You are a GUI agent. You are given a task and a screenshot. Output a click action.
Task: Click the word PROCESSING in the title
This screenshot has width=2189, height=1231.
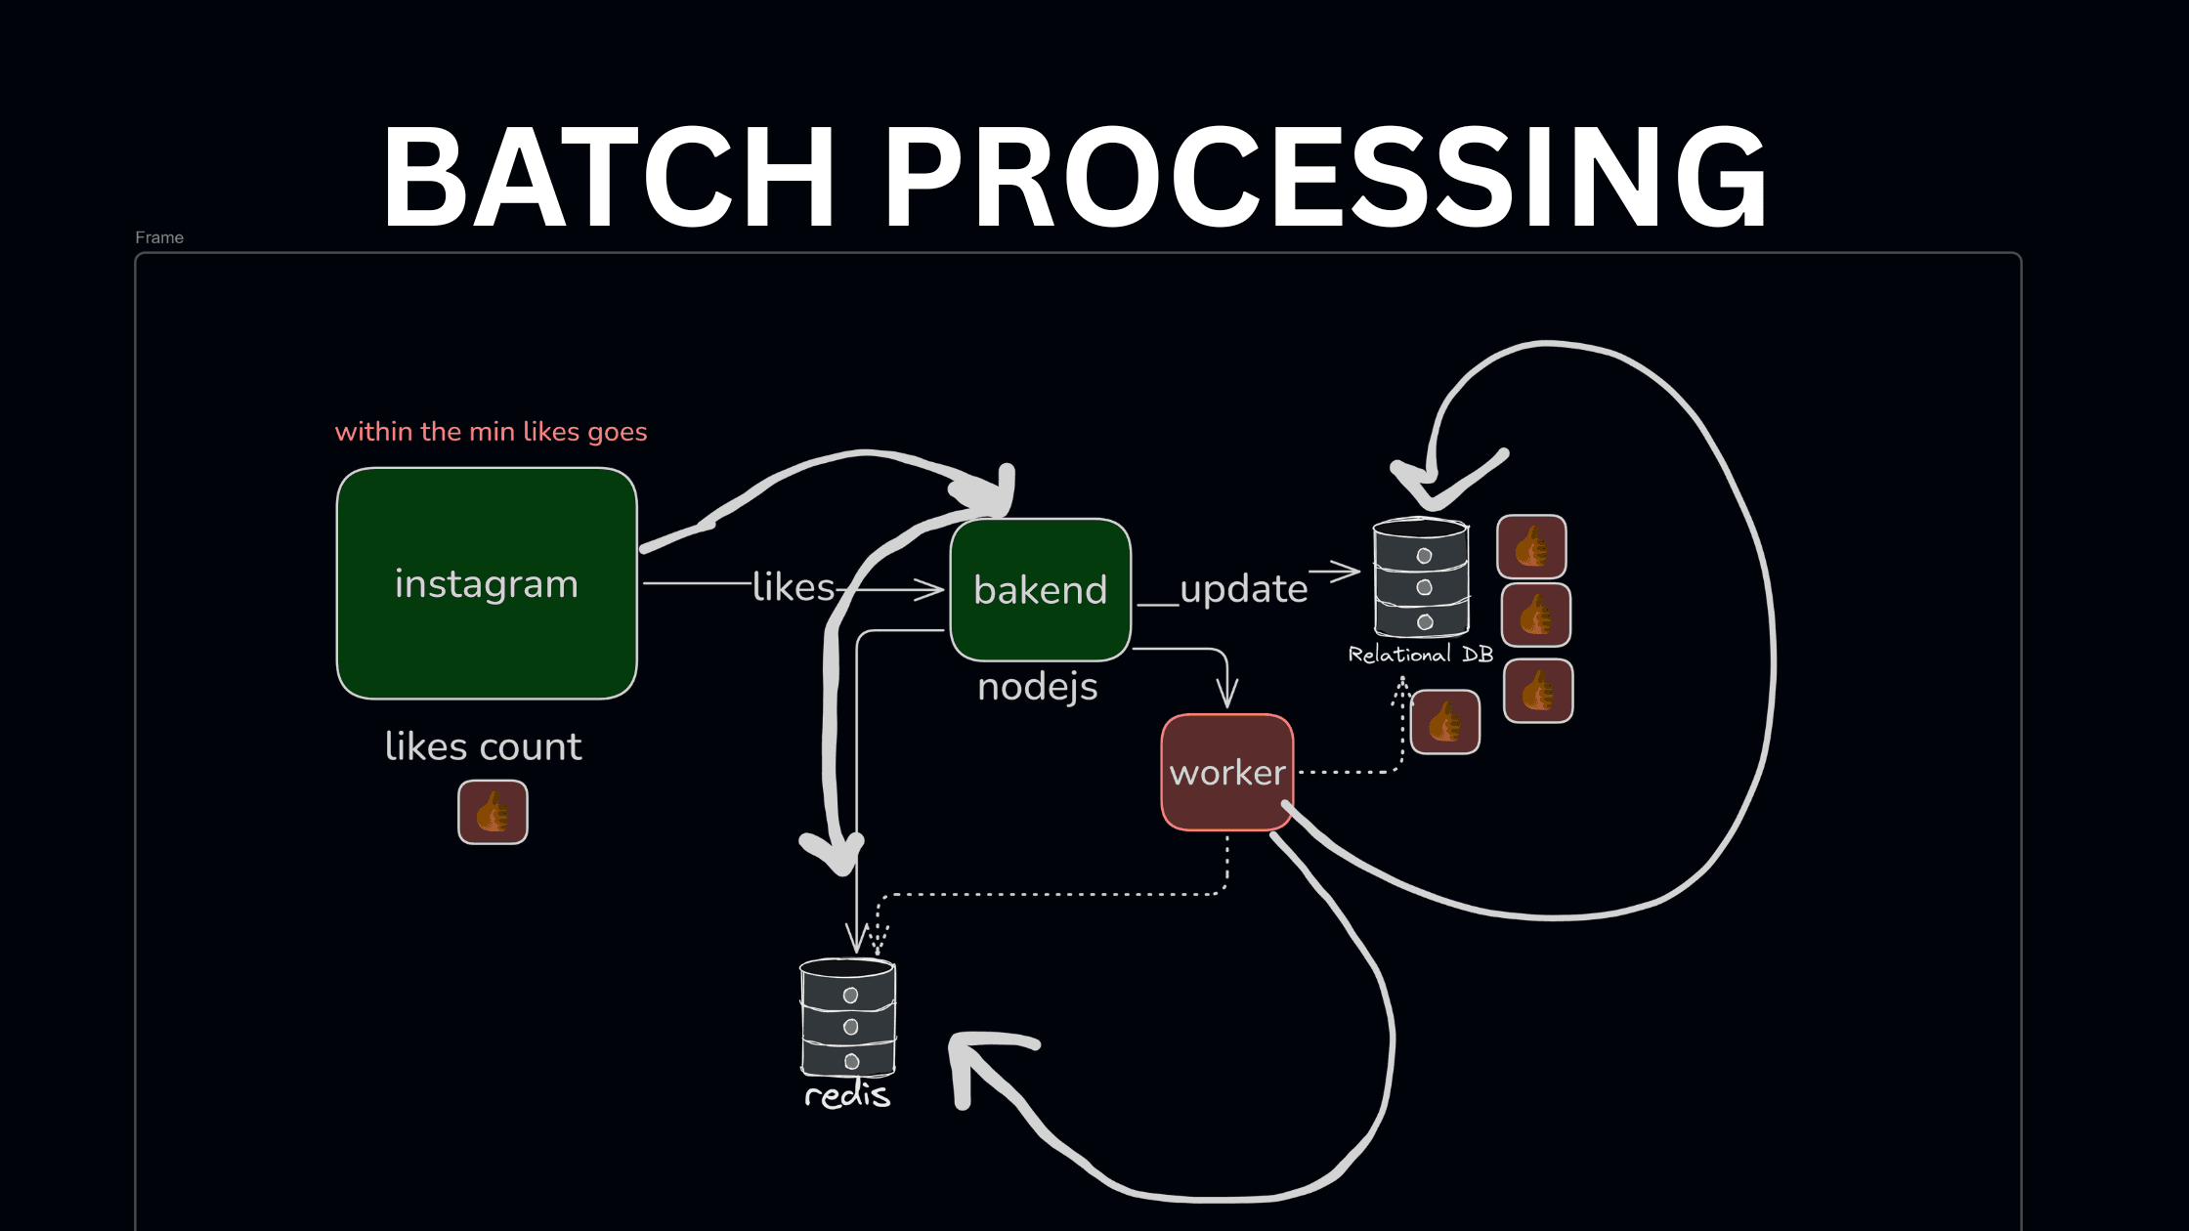(x=1327, y=178)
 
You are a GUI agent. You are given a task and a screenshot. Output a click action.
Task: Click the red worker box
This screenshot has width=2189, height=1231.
(x=1227, y=772)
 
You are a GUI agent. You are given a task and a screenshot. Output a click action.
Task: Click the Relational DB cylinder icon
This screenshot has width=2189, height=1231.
(x=1421, y=578)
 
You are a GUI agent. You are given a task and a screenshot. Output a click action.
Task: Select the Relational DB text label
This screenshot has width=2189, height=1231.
(x=1421, y=655)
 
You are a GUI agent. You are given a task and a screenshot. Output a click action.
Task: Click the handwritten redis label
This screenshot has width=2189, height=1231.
(x=847, y=1095)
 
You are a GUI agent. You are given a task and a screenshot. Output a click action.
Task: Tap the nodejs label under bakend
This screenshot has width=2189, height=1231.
(x=1038, y=687)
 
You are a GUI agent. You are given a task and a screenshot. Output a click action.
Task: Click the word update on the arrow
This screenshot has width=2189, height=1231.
(x=1243, y=589)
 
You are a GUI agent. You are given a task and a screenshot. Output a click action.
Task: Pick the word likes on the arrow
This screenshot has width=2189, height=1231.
(x=794, y=587)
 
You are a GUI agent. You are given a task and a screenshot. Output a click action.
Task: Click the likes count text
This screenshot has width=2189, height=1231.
(x=484, y=746)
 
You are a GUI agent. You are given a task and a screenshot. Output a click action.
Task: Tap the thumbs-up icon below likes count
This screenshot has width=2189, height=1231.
(x=493, y=812)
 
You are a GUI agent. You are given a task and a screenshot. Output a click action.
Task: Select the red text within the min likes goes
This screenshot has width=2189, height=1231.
(x=491, y=432)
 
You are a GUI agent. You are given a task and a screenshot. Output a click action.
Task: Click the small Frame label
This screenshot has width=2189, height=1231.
(x=159, y=237)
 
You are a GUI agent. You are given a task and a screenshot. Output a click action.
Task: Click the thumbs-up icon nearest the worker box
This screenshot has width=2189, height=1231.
(x=1445, y=723)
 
